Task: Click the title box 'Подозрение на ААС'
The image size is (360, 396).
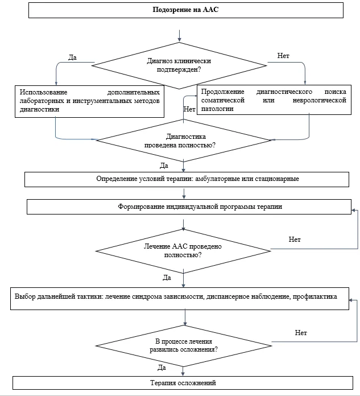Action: pos(186,10)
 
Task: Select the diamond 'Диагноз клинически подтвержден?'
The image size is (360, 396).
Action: pos(179,65)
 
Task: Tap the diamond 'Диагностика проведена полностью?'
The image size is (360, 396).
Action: pos(184,141)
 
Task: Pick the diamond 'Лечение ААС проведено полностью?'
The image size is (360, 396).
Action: pos(183,251)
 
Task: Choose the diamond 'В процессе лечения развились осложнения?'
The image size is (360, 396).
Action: pos(184,346)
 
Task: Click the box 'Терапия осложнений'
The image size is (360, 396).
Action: pos(183,383)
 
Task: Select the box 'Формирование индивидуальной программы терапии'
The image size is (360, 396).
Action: pos(189,207)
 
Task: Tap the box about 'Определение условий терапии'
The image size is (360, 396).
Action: pos(187,179)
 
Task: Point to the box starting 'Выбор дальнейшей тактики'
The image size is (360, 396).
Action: pos(180,299)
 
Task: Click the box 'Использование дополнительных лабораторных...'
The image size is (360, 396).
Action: pos(90,101)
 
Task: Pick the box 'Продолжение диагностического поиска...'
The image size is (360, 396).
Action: pos(274,100)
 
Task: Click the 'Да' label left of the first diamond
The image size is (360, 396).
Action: pos(72,57)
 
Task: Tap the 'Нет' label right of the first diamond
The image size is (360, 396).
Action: pos(283,56)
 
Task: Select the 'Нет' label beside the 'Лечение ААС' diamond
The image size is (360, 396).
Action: pos(295,239)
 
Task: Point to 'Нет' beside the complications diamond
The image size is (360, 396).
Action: pos(301,333)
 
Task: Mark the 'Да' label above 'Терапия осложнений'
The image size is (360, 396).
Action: pos(162,368)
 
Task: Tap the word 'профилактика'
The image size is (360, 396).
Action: pos(315,296)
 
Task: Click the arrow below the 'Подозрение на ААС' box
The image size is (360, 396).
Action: pos(179,36)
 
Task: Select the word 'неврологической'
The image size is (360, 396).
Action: pos(320,100)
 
